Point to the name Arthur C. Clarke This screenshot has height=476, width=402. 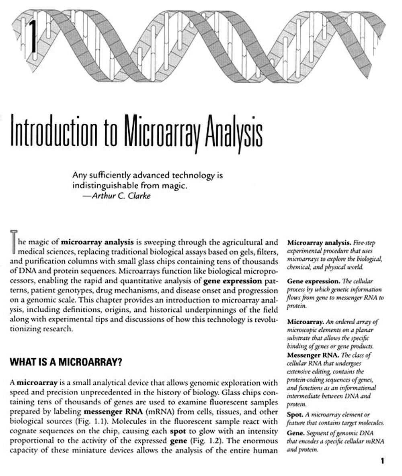click(121, 196)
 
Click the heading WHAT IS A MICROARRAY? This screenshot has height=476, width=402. click(66, 362)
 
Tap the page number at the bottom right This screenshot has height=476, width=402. click(382, 461)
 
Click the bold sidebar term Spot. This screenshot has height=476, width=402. click(295, 414)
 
